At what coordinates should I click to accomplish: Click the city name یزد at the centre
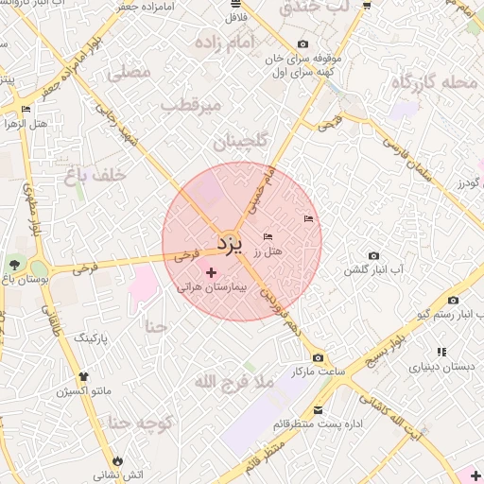(230, 243)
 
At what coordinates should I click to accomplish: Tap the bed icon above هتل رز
(268, 236)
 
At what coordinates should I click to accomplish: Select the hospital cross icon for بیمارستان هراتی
(210, 271)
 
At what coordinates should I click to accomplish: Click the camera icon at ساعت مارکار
(318, 357)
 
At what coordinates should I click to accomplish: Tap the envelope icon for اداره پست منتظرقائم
(318, 410)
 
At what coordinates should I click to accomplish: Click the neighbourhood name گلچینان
(240, 142)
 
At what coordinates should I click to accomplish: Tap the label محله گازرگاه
(436, 81)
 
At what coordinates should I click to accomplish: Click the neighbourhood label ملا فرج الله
(233, 382)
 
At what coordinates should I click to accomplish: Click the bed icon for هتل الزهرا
(26, 110)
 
